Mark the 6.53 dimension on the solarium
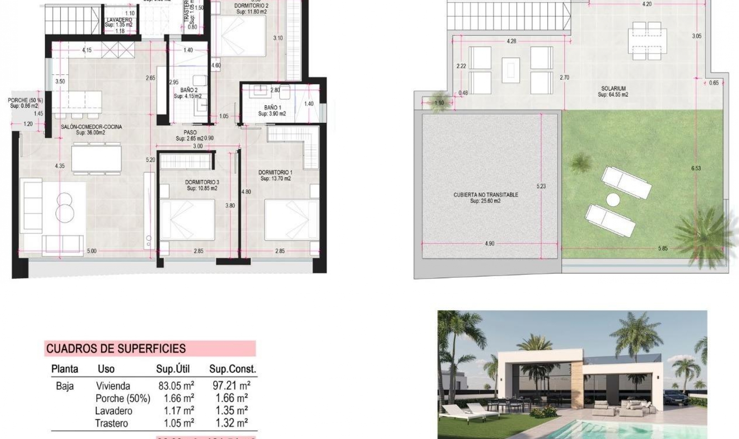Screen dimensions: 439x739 tap(696, 168)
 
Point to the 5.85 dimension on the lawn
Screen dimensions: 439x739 tap(663, 248)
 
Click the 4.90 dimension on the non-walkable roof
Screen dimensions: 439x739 tap(489, 243)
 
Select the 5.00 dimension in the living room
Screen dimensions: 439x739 tap(92, 251)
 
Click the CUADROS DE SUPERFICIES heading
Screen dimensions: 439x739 tap(116, 349)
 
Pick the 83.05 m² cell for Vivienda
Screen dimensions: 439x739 tap(176, 385)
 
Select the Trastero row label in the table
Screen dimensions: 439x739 tap(111, 423)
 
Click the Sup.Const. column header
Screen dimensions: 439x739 tap(232, 369)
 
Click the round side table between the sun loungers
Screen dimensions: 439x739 tap(613, 199)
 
